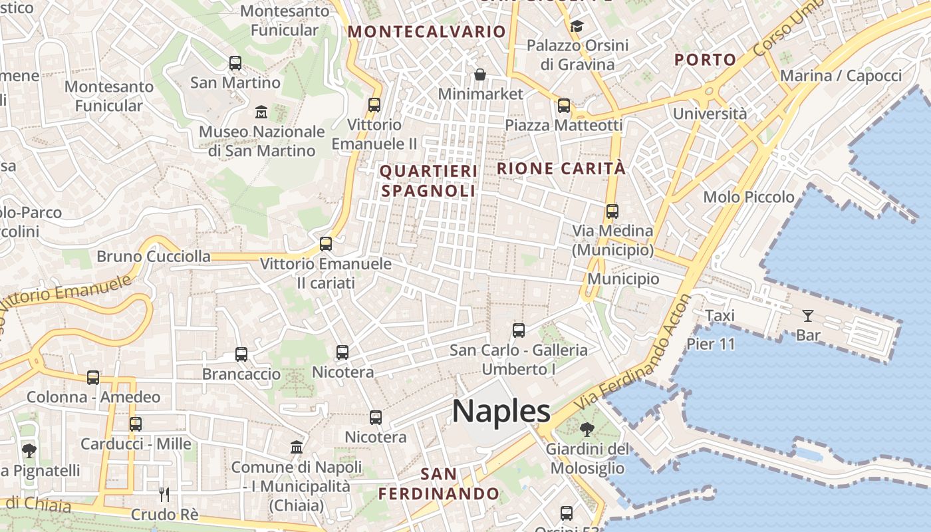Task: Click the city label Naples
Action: (x=501, y=411)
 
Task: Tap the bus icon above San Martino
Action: (x=235, y=63)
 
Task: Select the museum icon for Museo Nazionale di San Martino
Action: (x=261, y=111)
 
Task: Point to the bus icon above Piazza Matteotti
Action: (x=564, y=105)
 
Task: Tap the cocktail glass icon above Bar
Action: (x=808, y=315)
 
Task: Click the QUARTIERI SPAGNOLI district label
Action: (x=428, y=181)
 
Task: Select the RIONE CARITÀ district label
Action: (x=561, y=169)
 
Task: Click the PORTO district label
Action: (x=706, y=60)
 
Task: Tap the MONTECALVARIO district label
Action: (x=427, y=31)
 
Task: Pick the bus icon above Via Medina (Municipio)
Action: (x=612, y=211)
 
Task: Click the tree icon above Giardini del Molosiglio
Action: (x=587, y=429)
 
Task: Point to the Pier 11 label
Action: (x=711, y=344)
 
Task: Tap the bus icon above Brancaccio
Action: (x=241, y=354)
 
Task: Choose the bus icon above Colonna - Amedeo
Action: (x=93, y=378)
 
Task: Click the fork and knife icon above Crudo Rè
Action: (x=164, y=494)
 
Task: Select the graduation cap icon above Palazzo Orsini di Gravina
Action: (x=576, y=26)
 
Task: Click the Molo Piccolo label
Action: (x=749, y=197)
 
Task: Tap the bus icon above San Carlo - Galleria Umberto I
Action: (x=519, y=330)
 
